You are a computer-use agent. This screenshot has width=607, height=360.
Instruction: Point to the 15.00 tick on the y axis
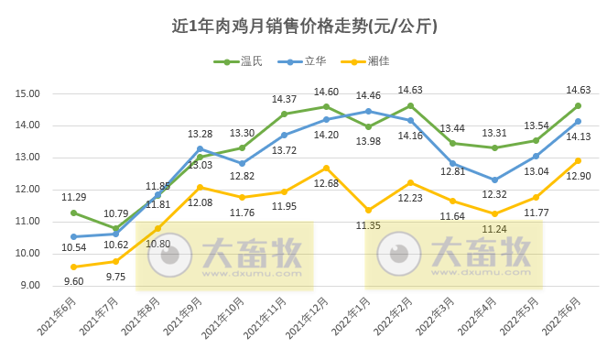(x=27, y=93)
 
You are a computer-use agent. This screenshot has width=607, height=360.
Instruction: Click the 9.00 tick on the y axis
(x=29, y=285)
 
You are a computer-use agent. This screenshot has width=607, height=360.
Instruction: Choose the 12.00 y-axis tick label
(x=27, y=190)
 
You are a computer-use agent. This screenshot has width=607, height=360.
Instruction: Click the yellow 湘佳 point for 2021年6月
(x=73, y=267)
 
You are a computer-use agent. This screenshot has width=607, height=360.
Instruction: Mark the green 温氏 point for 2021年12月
(x=326, y=106)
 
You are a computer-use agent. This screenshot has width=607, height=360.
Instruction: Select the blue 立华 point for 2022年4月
(x=494, y=180)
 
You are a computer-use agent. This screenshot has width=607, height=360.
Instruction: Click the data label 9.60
(x=73, y=280)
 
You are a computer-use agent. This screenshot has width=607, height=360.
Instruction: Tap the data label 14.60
(x=327, y=92)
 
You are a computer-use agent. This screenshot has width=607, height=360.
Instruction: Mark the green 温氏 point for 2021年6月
(x=73, y=213)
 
